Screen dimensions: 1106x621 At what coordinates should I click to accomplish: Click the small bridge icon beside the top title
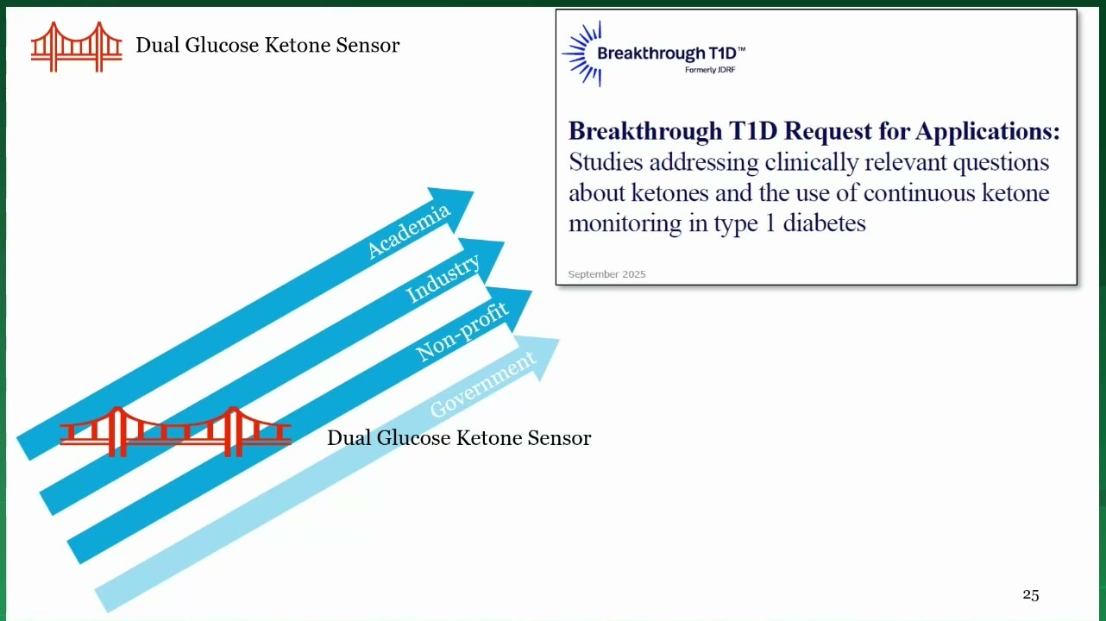(77, 47)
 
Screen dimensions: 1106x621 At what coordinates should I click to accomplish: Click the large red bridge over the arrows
(175, 432)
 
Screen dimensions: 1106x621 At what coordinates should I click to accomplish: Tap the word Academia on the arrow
(409, 231)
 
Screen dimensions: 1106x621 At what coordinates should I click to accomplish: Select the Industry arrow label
(443, 279)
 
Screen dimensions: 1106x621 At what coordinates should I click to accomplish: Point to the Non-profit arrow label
(462, 331)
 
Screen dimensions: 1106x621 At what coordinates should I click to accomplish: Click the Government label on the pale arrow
(483, 384)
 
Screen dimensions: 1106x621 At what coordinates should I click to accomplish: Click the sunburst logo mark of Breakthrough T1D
(582, 53)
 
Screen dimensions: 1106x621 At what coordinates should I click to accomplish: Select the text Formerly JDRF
(710, 70)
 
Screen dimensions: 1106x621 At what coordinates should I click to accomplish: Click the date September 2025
(606, 274)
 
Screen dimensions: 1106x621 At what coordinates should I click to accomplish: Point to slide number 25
(1030, 595)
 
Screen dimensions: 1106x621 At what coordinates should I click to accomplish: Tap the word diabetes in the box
(824, 223)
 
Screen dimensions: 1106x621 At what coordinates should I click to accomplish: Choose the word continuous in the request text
(920, 192)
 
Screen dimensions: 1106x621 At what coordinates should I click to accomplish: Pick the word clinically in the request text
(812, 162)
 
